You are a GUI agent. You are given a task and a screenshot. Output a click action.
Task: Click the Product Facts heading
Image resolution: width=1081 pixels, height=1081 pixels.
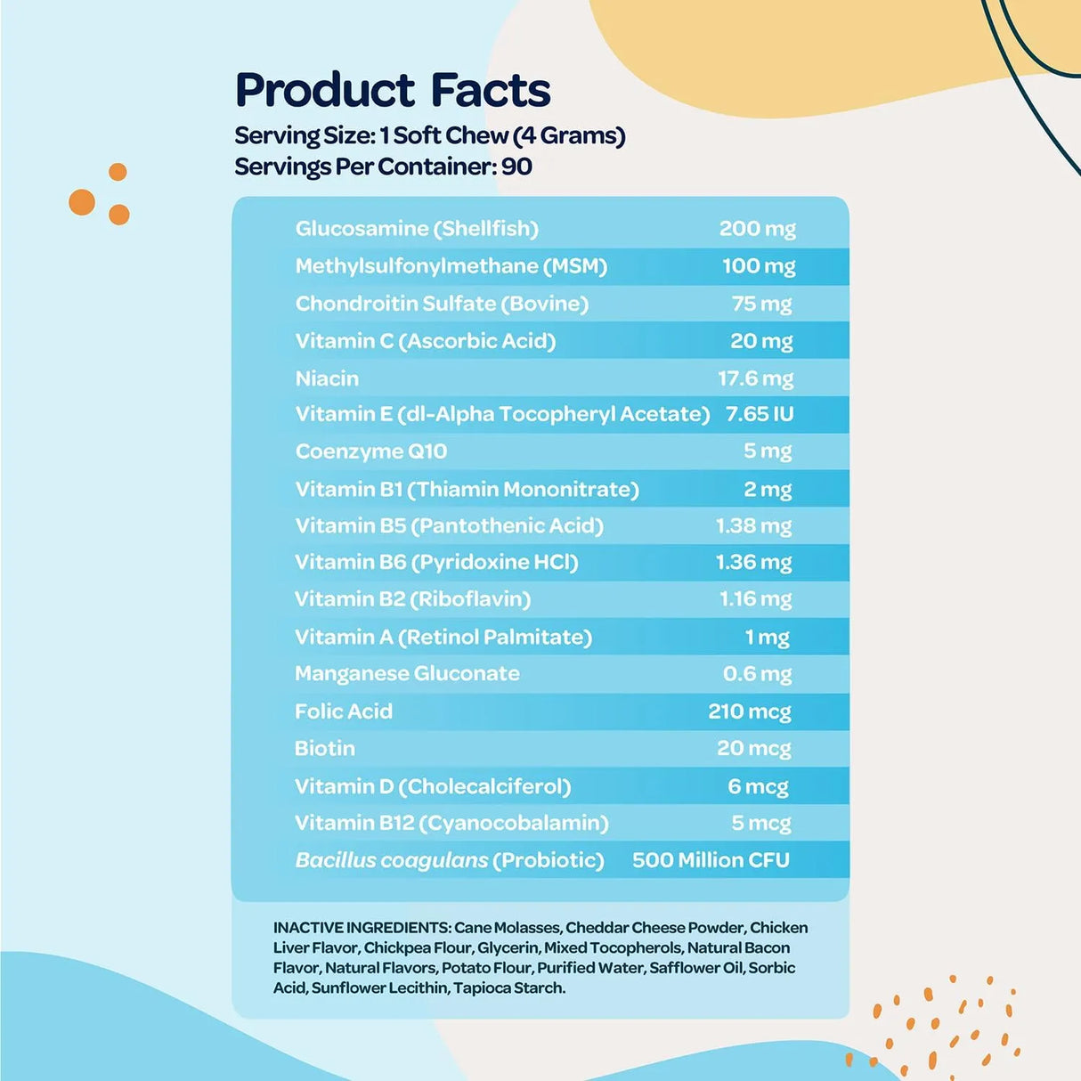393,91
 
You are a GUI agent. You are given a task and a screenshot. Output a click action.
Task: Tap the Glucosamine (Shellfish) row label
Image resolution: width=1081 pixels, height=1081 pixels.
417,229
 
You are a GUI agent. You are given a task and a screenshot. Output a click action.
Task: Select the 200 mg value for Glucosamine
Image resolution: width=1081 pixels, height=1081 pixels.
757,229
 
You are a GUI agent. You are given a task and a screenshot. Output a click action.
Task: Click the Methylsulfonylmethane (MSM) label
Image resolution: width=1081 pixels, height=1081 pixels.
451,266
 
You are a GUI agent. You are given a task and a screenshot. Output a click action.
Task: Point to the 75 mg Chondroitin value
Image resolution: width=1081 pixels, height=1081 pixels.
761,304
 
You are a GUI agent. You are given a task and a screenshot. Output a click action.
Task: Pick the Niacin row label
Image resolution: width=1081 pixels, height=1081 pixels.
327,378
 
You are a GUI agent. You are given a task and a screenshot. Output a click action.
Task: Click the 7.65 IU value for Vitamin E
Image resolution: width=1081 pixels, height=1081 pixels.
760,414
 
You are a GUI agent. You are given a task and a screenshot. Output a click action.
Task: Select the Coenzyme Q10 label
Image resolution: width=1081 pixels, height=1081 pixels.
370,451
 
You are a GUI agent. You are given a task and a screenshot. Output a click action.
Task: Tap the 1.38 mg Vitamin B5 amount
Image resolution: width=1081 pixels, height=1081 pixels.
753,526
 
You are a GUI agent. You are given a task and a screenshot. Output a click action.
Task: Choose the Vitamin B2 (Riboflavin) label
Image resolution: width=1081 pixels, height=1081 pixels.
412,599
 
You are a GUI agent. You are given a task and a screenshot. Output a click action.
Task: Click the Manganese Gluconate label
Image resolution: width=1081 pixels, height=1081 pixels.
407,674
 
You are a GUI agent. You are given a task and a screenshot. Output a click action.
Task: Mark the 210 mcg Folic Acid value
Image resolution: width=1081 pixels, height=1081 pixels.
750,711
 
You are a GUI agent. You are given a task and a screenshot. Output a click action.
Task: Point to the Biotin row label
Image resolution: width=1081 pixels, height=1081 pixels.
324,749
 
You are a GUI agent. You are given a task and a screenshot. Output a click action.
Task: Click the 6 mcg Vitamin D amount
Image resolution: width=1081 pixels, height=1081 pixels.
758,786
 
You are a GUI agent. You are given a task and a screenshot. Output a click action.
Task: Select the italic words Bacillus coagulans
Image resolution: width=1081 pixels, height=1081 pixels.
391,860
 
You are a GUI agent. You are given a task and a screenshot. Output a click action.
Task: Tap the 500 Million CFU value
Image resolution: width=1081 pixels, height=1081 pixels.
711,860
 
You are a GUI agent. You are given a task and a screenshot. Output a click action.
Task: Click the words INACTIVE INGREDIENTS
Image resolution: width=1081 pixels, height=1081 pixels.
362,928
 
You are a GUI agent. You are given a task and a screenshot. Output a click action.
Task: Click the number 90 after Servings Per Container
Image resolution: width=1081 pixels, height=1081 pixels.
516,167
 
